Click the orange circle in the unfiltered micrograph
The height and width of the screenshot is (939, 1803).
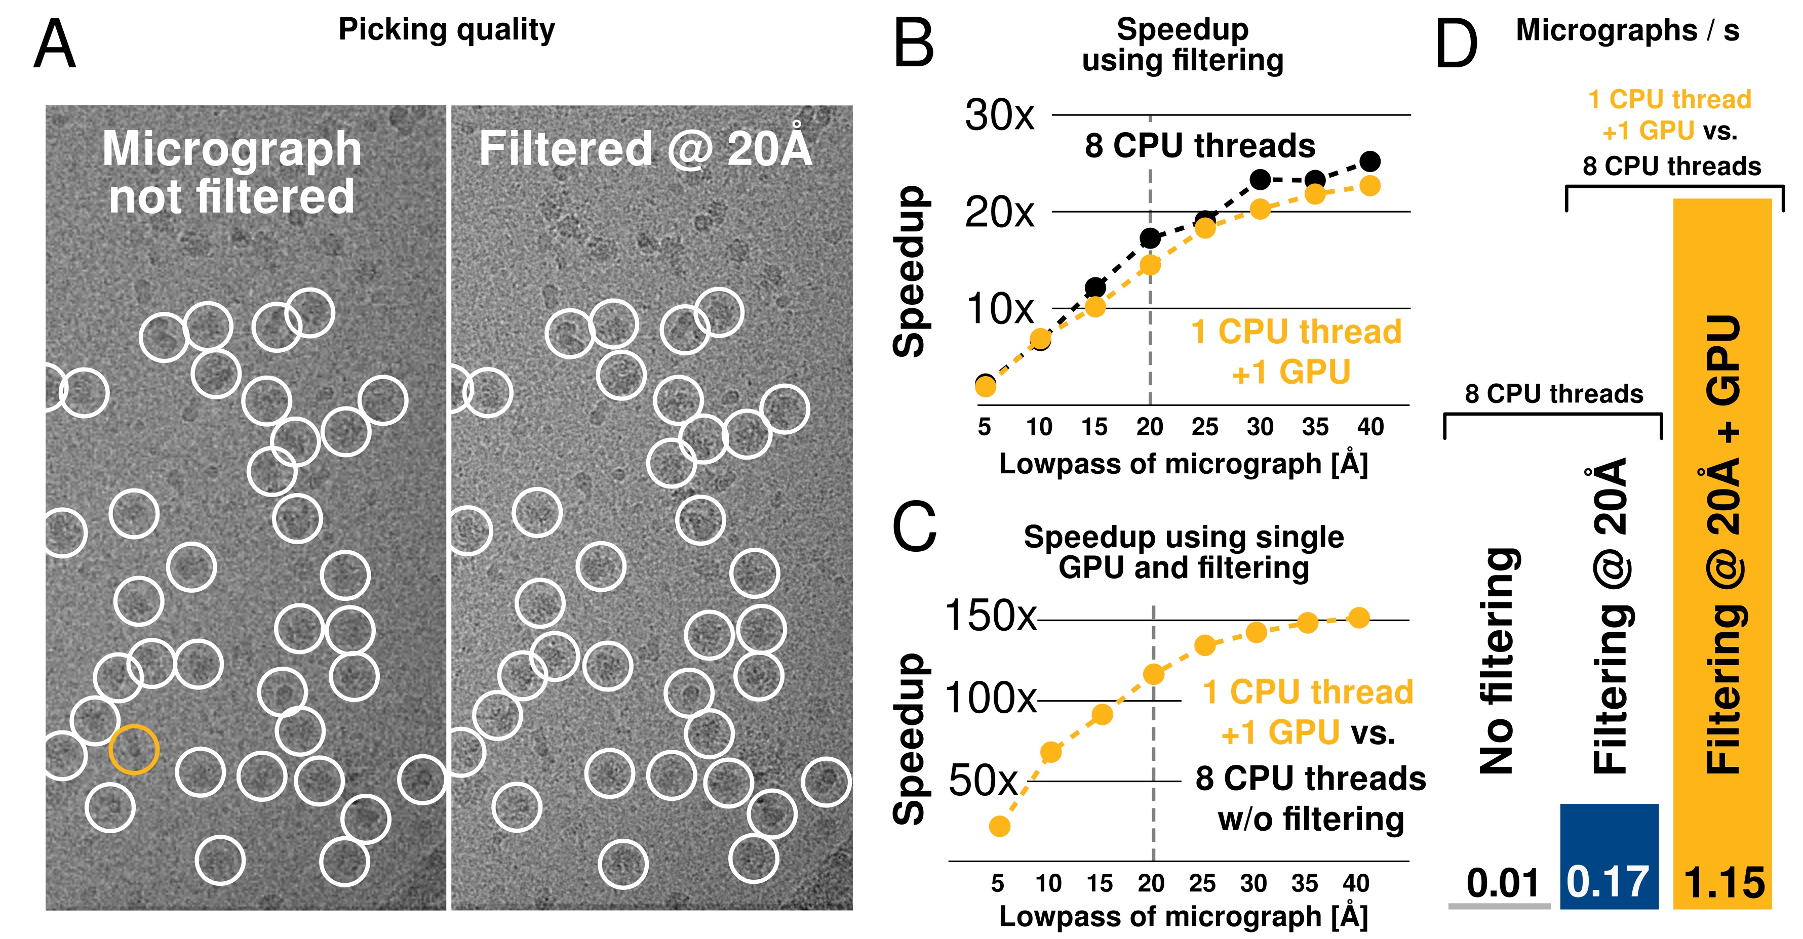[134, 749]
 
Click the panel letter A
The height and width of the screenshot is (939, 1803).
[55, 44]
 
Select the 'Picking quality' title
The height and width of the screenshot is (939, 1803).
[447, 30]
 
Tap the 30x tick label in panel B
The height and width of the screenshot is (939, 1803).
[999, 115]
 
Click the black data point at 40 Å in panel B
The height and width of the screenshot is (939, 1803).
[1370, 161]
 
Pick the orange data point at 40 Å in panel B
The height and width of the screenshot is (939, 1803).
[1370, 186]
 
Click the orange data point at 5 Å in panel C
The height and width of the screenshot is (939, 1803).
[999, 826]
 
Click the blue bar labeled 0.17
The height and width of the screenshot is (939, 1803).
[1609, 855]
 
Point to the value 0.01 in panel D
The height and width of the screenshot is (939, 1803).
[1503, 882]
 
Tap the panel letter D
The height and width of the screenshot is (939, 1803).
[1456, 44]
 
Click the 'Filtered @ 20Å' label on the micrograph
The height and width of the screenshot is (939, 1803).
[645, 148]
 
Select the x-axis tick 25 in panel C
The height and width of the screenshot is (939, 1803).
[1202, 883]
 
